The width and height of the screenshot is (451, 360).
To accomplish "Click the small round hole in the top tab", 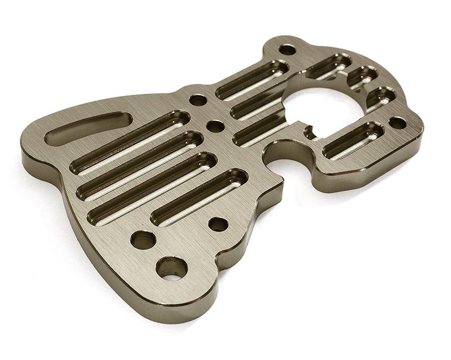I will pos(288,50).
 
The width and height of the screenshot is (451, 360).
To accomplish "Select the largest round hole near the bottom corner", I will pos(171,268).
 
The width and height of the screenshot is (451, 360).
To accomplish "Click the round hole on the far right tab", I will pos(397,122).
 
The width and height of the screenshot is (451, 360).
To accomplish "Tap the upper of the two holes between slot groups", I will pos(198,100).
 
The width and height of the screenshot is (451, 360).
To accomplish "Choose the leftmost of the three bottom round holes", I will pos(143,240).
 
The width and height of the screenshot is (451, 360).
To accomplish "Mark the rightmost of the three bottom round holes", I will pos(218,224).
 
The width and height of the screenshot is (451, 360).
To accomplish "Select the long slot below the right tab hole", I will pos(354,140).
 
